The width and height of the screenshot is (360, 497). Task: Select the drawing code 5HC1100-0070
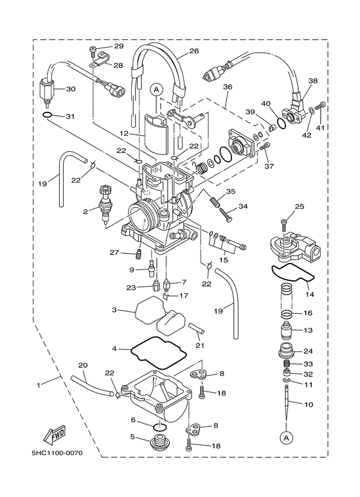point(57,453)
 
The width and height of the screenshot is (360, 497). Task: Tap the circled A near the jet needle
point(287,438)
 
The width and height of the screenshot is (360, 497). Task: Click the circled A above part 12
point(156,90)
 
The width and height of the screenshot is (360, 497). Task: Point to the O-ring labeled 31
point(47,115)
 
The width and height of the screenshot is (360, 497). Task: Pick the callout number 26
point(194,50)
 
